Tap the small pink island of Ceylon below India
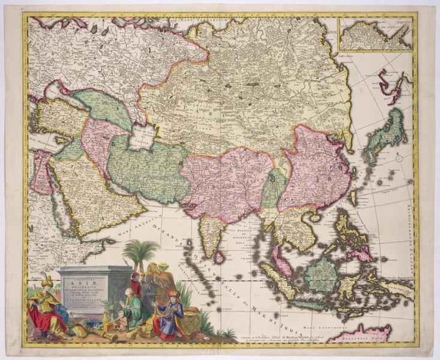point(219,257)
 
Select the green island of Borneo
point(322,275)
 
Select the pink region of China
point(315,169)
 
